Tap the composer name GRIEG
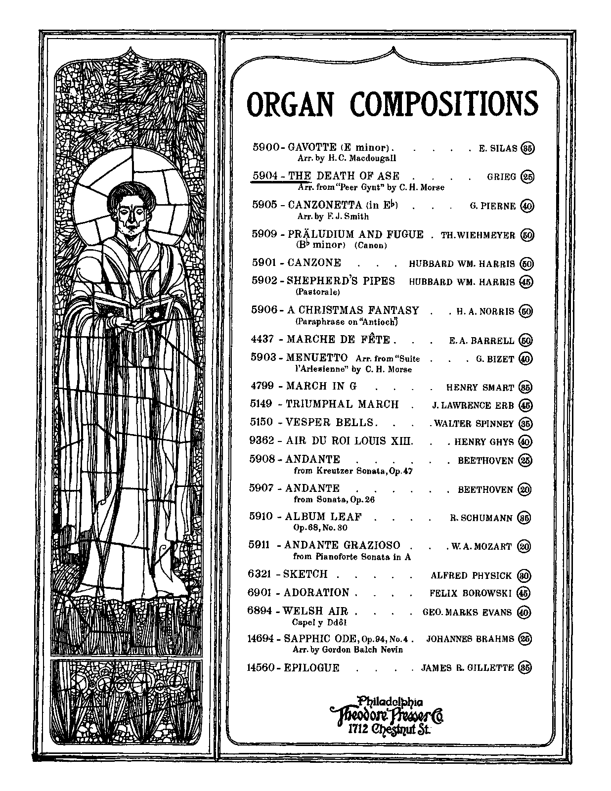click(501, 177)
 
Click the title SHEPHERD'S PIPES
click(341, 281)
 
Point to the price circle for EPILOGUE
click(525, 667)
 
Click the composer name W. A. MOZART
click(481, 546)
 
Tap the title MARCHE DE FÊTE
click(339, 340)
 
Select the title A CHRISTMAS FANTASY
click(353, 310)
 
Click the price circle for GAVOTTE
click(528, 148)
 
